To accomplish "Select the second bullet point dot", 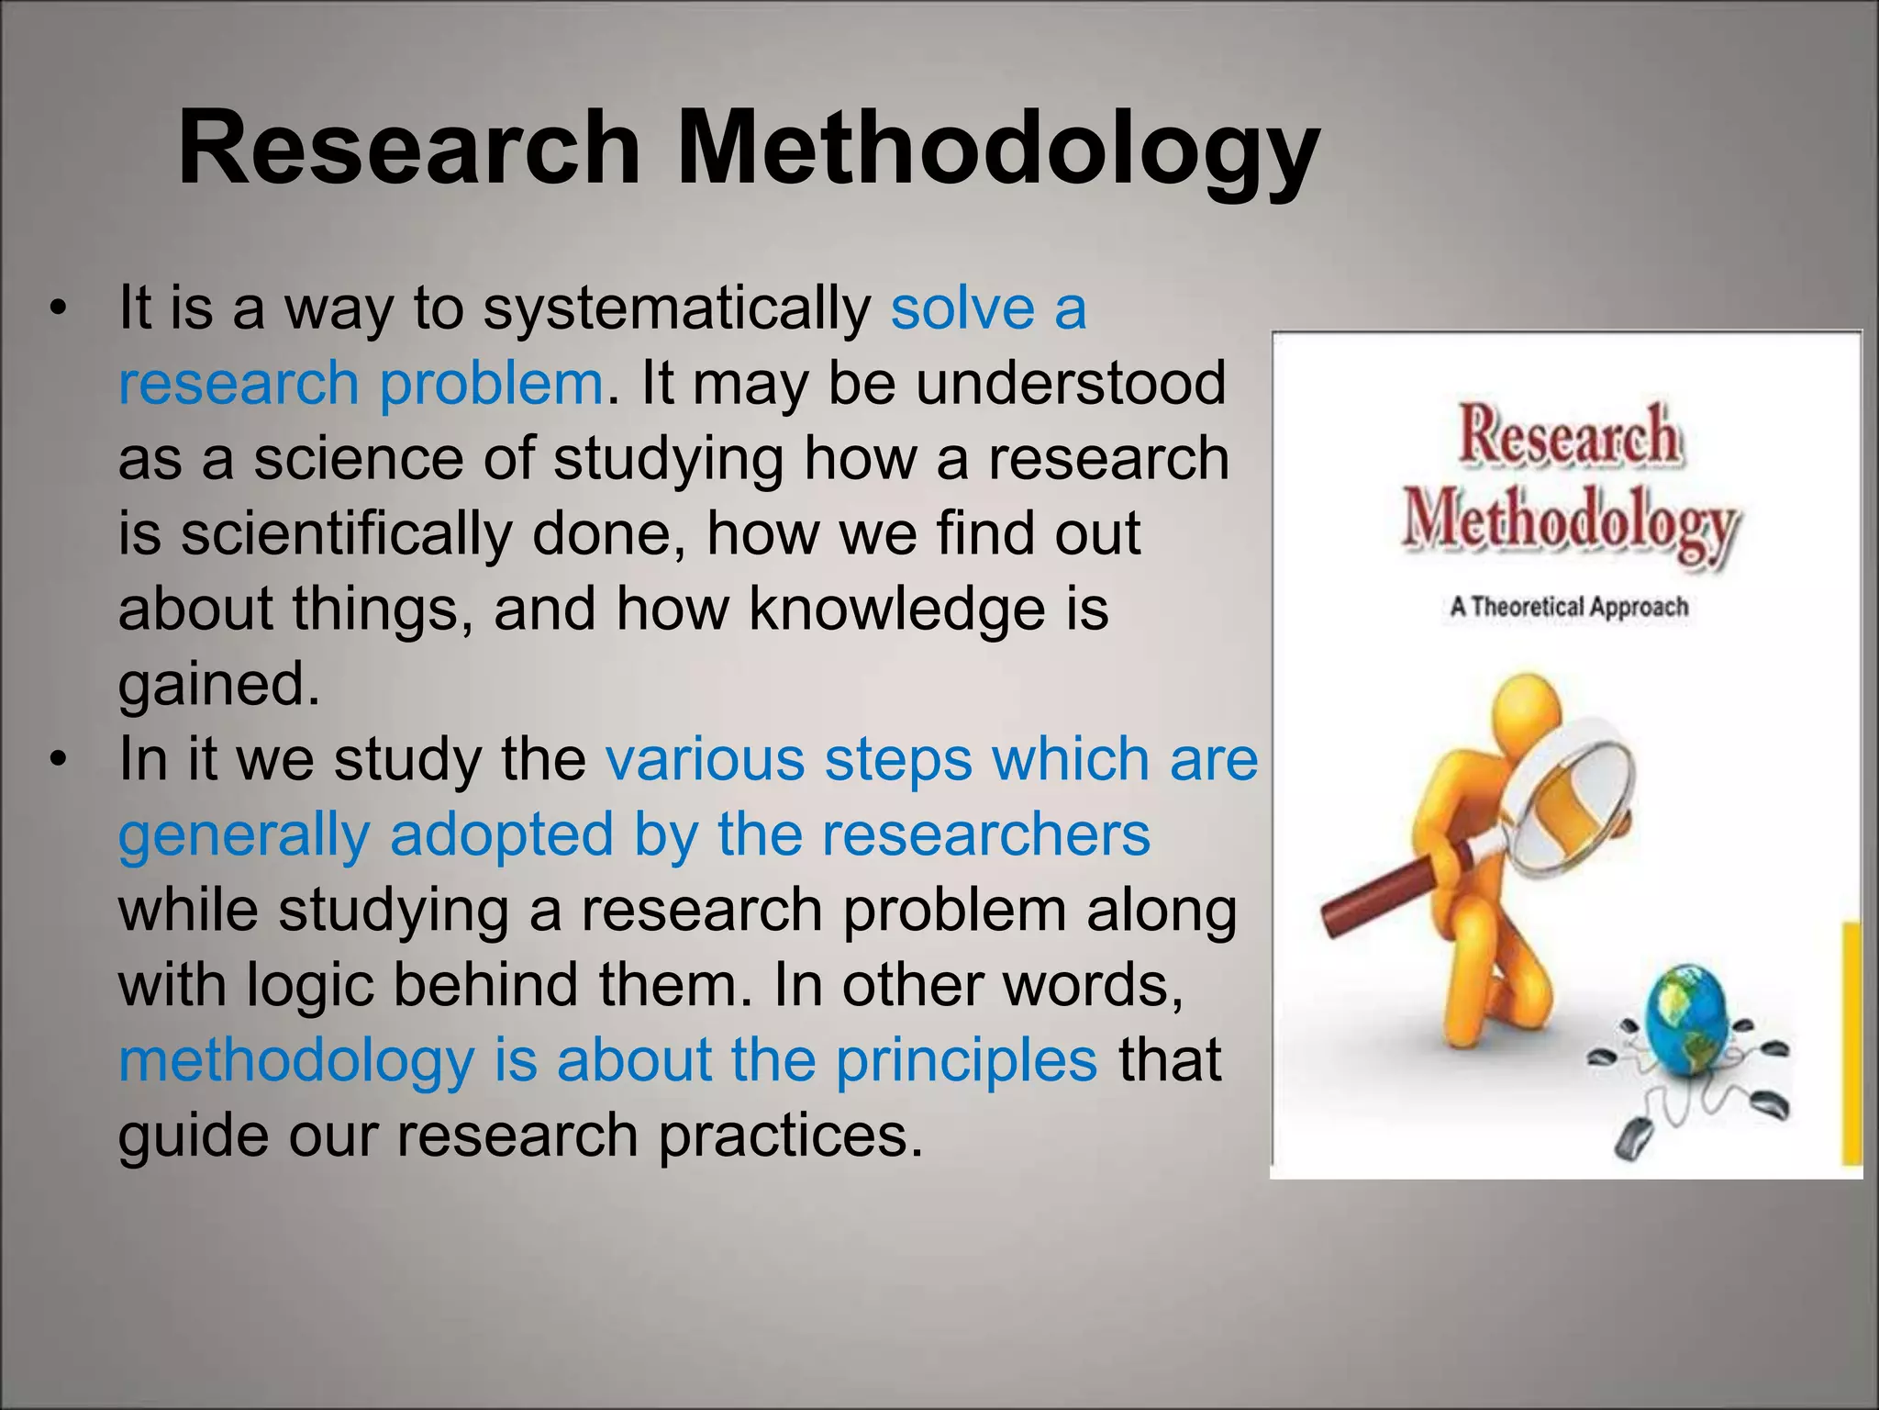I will tap(60, 760).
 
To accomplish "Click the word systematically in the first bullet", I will tap(677, 309).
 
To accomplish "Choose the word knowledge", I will tap(896, 609).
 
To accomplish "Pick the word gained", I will tap(218, 684).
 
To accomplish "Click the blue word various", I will tap(704, 760).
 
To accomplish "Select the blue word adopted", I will tap(501, 835).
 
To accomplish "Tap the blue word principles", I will tap(965, 1060).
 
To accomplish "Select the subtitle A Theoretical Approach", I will tap(1569, 607).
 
